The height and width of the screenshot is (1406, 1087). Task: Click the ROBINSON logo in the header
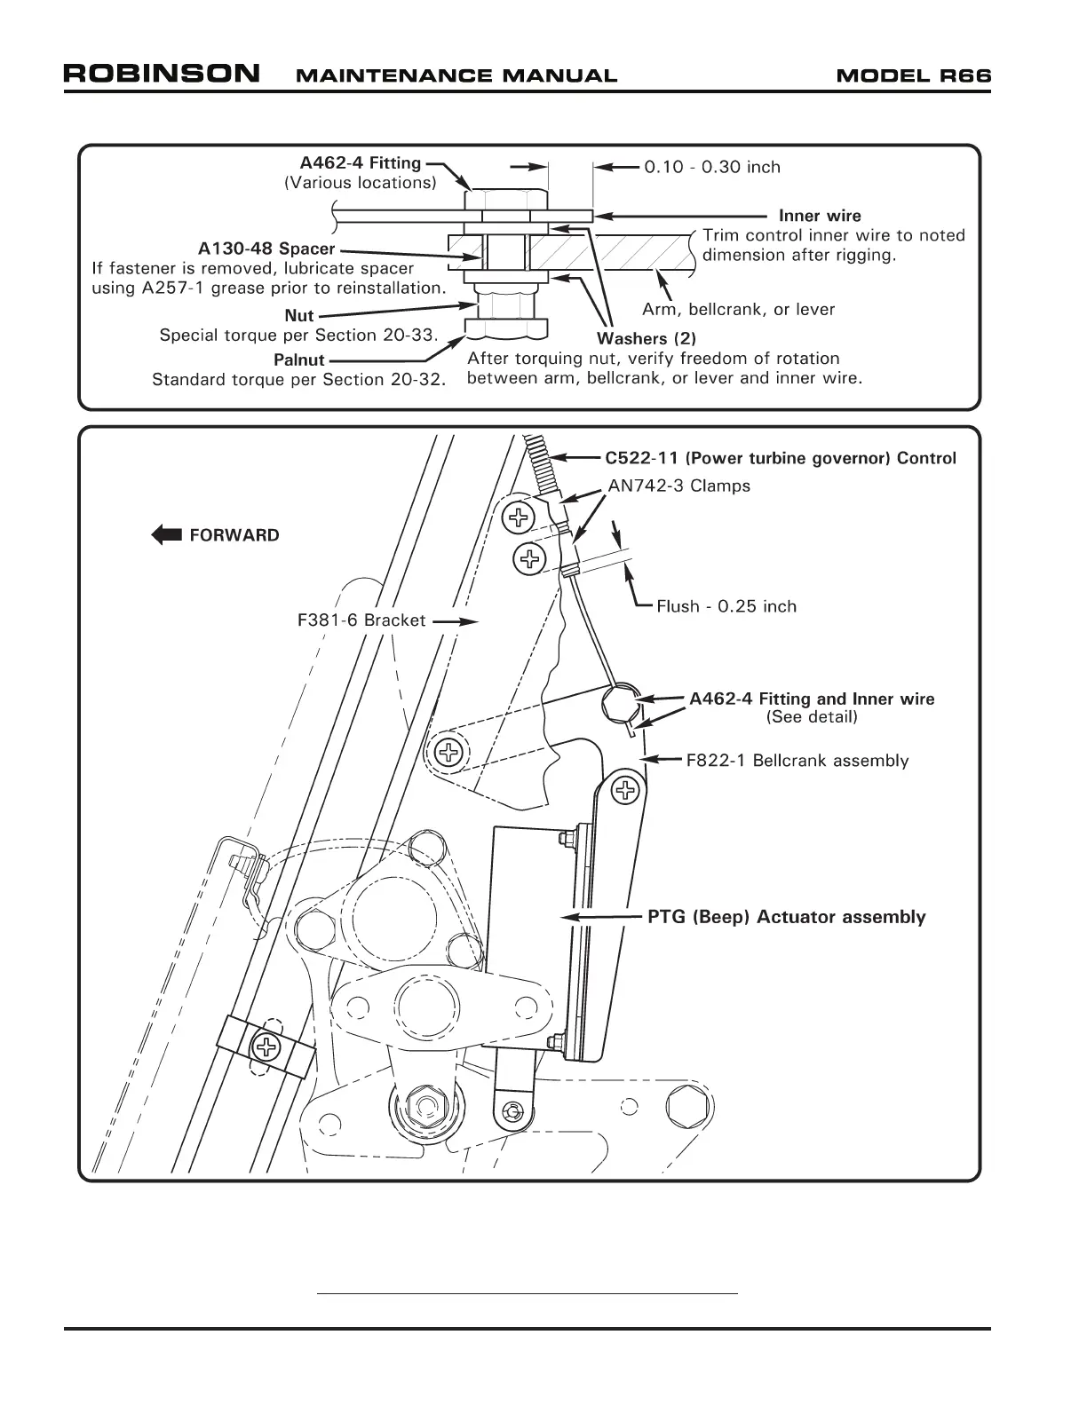(x=162, y=74)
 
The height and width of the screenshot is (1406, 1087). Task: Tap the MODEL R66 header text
(x=913, y=75)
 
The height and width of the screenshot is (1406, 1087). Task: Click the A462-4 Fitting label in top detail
(x=361, y=163)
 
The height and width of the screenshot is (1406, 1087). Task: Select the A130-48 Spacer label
(x=266, y=249)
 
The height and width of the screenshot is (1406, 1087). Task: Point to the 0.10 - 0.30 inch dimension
(x=712, y=167)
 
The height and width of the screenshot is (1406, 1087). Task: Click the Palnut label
(x=299, y=360)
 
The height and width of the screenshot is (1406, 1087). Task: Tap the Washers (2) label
(x=647, y=338)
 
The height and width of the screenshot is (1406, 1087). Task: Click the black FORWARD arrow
(x=166, y=535)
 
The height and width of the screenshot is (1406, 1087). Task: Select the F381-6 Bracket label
(x=361, y=620)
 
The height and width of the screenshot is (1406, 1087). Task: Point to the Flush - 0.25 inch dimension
(x=726, y=606)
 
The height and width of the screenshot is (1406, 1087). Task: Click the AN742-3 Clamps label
(x=678, y=486)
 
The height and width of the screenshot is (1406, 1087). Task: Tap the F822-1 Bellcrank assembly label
(x=797, y=761)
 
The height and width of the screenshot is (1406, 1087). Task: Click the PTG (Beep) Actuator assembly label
(x=786, y=917)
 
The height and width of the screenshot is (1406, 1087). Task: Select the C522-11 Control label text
(x=781, y=458)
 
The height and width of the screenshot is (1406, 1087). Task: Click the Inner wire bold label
(x=820, y=216)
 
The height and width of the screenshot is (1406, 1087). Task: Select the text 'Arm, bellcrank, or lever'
(x=738, y=310)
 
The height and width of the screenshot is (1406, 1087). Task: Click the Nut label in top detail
(x=299, y=316)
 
